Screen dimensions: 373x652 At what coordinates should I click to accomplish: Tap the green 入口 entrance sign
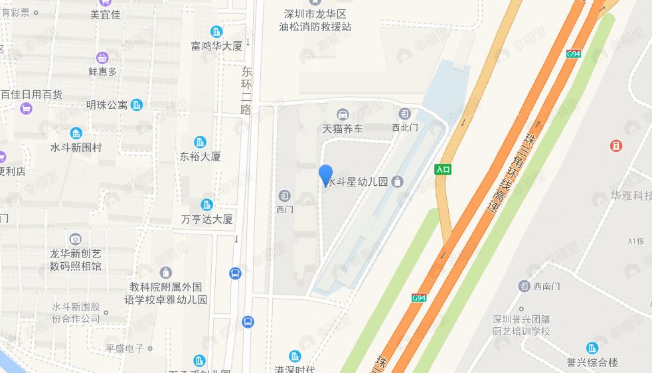tap(443, 169)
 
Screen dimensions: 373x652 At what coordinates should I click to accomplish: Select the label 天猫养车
tap(343, 129)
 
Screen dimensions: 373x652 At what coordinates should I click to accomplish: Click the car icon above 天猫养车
tap(343, 114)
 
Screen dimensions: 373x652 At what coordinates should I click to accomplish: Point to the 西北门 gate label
tap(404, 127)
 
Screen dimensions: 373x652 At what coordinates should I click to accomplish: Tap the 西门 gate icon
tap(284, 195)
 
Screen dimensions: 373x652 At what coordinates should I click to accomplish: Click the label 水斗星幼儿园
tap(358, 182)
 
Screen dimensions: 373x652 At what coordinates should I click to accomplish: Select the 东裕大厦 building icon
tap(201, 142)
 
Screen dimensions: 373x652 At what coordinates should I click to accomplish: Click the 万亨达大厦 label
tap(207, 219)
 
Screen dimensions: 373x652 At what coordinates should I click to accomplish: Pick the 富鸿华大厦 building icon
tap(216, 31)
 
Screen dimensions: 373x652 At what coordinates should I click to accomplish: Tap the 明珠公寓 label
tap(106, 105)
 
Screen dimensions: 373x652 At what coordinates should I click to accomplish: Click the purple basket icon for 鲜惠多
tap(102, 58)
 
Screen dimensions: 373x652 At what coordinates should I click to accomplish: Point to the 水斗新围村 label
tap(76, 148)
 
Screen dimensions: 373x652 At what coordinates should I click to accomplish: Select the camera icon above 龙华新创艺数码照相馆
tap(76, 239)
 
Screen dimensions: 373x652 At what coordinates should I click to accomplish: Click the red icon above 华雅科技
tap(616, 145)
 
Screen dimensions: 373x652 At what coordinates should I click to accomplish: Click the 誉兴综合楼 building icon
tap(592, 348)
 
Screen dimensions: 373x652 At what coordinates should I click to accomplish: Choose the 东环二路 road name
tap(247, 90)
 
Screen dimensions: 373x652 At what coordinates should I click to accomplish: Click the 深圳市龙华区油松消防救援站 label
tap(315, 20)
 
